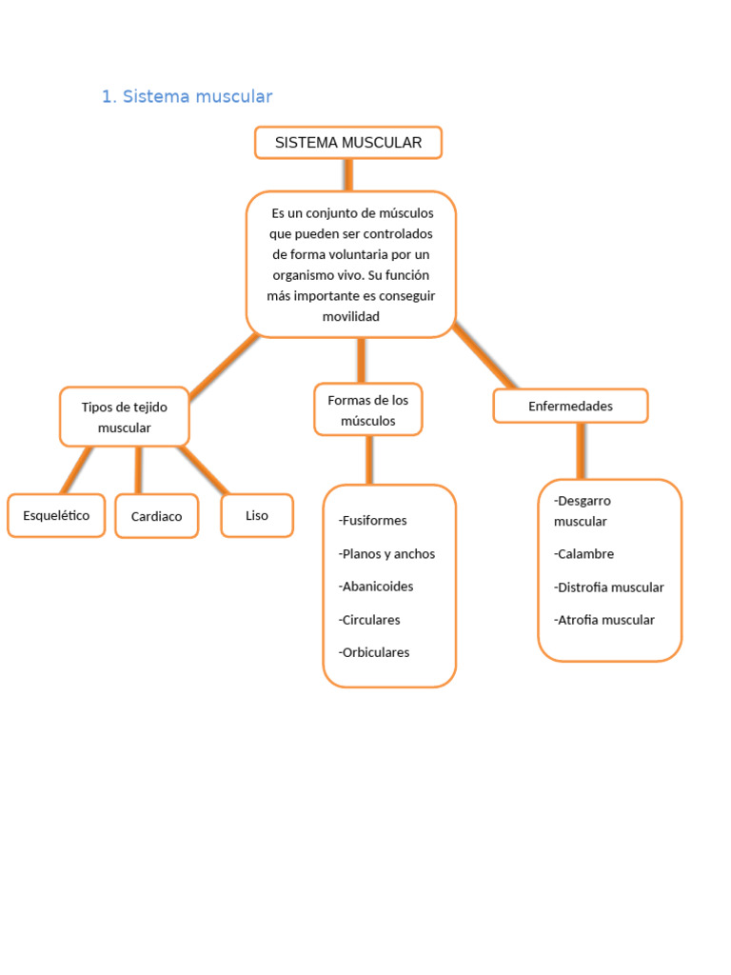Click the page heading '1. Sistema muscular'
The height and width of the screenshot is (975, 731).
pos(187,96)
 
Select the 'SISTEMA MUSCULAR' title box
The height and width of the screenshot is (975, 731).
pos(348,143)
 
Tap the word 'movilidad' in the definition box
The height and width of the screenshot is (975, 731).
pos(350,316)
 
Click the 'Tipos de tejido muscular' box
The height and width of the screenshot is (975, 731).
pos(125,417)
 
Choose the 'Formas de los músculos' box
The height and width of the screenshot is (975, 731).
pos(367,409)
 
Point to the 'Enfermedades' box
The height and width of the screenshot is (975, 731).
pos(570,406)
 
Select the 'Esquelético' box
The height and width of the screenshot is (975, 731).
pos(56,515)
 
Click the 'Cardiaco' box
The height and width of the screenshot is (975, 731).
pos(157,516)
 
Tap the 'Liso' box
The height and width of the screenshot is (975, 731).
pos(257,515)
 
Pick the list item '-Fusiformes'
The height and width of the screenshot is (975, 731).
pos(372,520)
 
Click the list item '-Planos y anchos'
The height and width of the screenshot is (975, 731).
pos(386,553)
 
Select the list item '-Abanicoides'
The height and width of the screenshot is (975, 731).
pos(376,587)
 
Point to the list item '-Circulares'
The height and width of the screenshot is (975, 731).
pos(369,620)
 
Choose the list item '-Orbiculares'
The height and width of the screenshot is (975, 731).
pos(374,652)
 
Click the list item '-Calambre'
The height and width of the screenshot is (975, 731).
pos(584,553)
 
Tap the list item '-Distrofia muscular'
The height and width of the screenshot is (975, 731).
pos(609,587)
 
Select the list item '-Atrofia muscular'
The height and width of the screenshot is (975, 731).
pos(604,620)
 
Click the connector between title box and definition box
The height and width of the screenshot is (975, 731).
pos(348,174)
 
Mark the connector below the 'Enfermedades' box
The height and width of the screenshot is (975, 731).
pos(580,450)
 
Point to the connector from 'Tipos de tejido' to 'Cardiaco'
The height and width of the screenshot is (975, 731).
pos(139,469)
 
